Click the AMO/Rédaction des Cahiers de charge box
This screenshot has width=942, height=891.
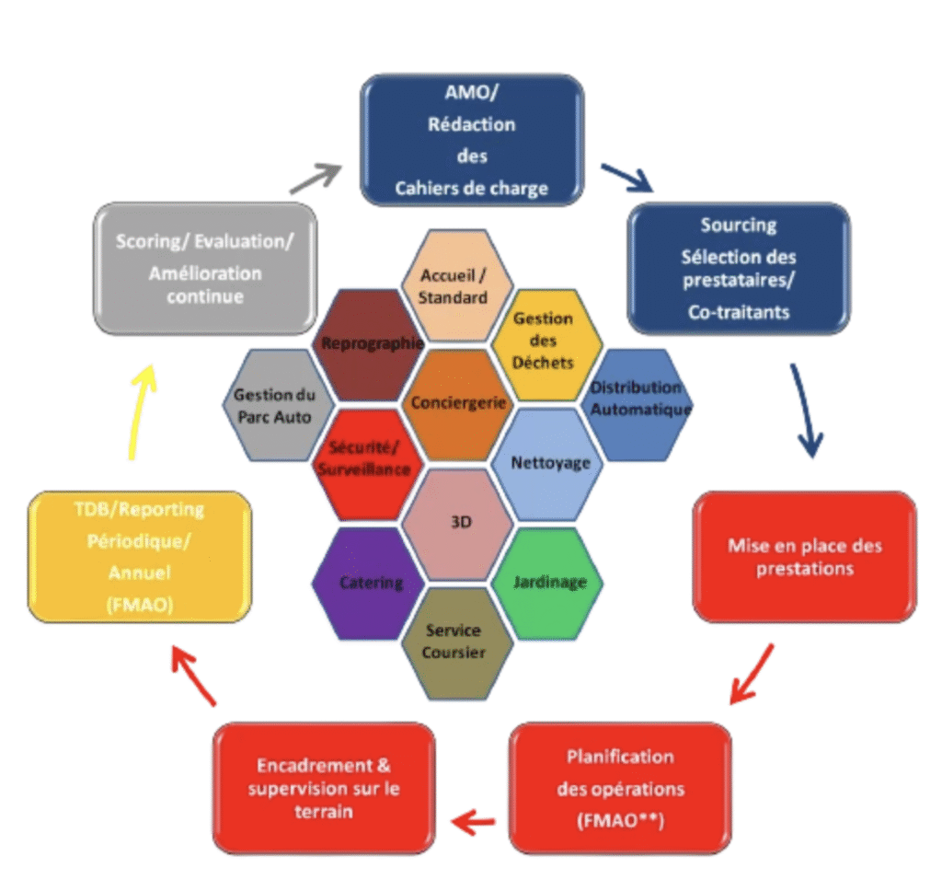pos(472,140)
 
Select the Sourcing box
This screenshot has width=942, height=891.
pos(738,268)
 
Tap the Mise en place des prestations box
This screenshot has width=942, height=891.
pos(804,556)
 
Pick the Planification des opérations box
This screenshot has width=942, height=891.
pos(619,789)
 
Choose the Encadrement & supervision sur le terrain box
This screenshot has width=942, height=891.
pos(323,789)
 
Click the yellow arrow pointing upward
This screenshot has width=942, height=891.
pos(143,410)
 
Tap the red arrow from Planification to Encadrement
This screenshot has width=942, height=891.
pos(475,820)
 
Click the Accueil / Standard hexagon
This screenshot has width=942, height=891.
pos(454,285)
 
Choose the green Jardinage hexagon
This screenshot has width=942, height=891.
pos(546,583)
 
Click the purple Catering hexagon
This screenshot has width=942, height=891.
pos(368,583)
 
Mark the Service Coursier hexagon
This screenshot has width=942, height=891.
pos(454,642)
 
